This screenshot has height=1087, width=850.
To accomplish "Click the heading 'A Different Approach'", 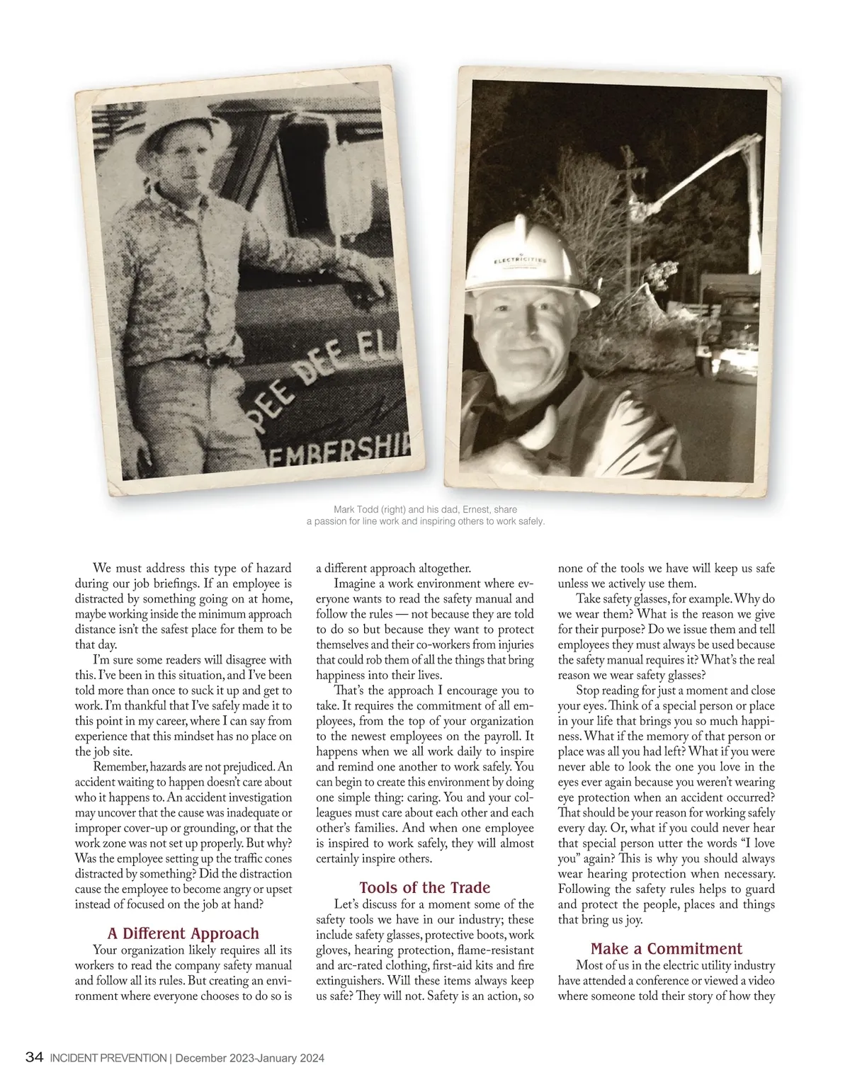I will pyautogui.click(x=183, y=933).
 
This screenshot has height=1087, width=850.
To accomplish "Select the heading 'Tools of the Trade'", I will pyautogui.click(x=424, y=887).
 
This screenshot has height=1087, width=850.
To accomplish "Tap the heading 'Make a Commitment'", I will pyautogui.click(x=666, y=948).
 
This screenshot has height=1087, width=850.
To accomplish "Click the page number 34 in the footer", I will pyautogui.click(x=34, y=1058).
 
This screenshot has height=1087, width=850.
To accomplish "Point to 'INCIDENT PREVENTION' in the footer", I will pyautogui.click(x=107, y=1059).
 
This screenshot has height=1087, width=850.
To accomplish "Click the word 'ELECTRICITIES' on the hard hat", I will pyautogui.click(x=521, y=260).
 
